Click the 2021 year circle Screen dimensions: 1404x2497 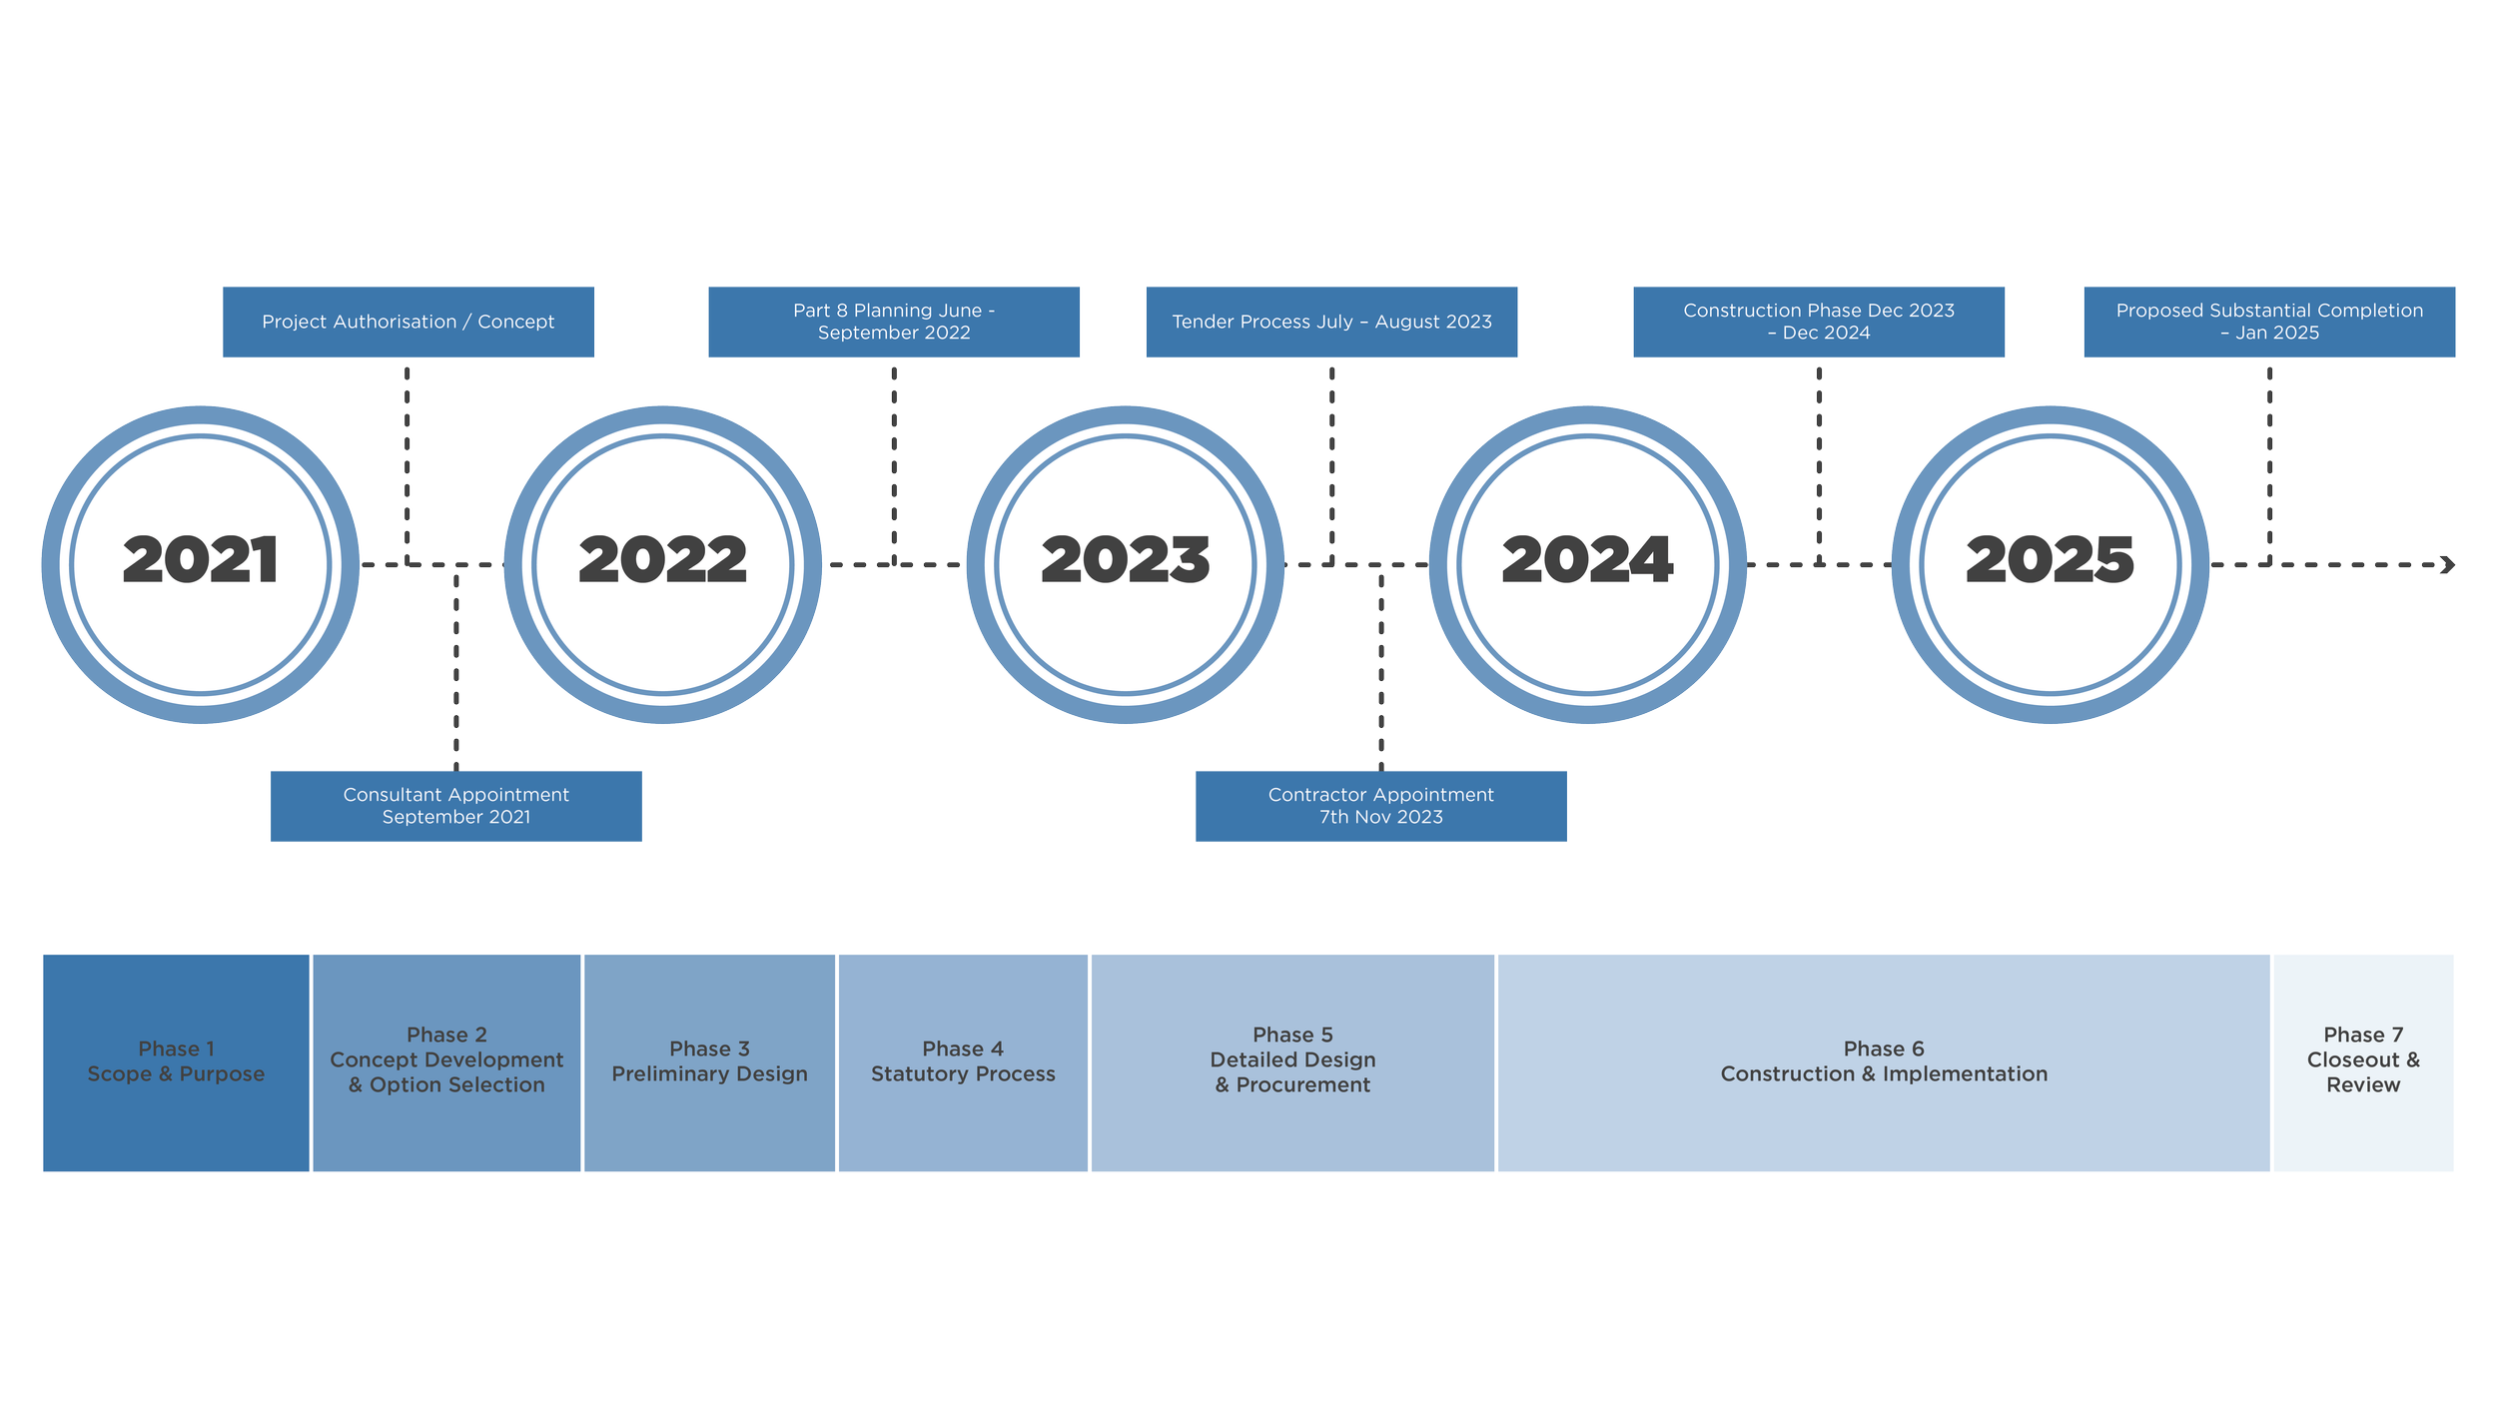click(x=200, y=564)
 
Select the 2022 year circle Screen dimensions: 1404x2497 click(x=662, y=564)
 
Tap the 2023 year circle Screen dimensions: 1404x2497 click(x=1125, y=564)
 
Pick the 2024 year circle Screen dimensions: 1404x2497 click(x=1587, y=564)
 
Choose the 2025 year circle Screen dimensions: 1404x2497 click(x=2050, y=564)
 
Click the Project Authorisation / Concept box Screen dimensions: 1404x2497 click(x=408, y=322)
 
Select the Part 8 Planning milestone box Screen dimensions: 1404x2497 click(x=894, y=322)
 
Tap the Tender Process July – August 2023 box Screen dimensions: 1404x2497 click(x=1331, y=322)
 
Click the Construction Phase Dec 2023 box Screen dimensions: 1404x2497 click(x=1819, y=322)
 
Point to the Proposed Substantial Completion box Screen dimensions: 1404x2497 click(x=2269, y=322)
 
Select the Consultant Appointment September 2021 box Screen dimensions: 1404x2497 click(x=455, y=806)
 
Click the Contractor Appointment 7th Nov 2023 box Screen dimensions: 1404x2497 click(x=1380, y=806)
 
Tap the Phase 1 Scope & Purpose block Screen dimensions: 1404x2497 click(x=176, y=1062)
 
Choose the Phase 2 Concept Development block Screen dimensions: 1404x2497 click(x=446, y=1062)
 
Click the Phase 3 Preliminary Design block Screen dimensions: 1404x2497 click(x=709, y=1062)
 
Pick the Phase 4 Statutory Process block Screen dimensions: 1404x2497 click(x=963, y=1062)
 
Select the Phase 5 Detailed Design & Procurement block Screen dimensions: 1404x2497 click(x=1292, y=1062)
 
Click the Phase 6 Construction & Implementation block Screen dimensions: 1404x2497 click(x=1884, y=1062)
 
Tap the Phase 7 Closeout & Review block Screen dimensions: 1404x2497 click(x=2363, y=1062)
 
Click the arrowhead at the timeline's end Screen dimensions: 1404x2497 click(x=2447, y=565)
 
